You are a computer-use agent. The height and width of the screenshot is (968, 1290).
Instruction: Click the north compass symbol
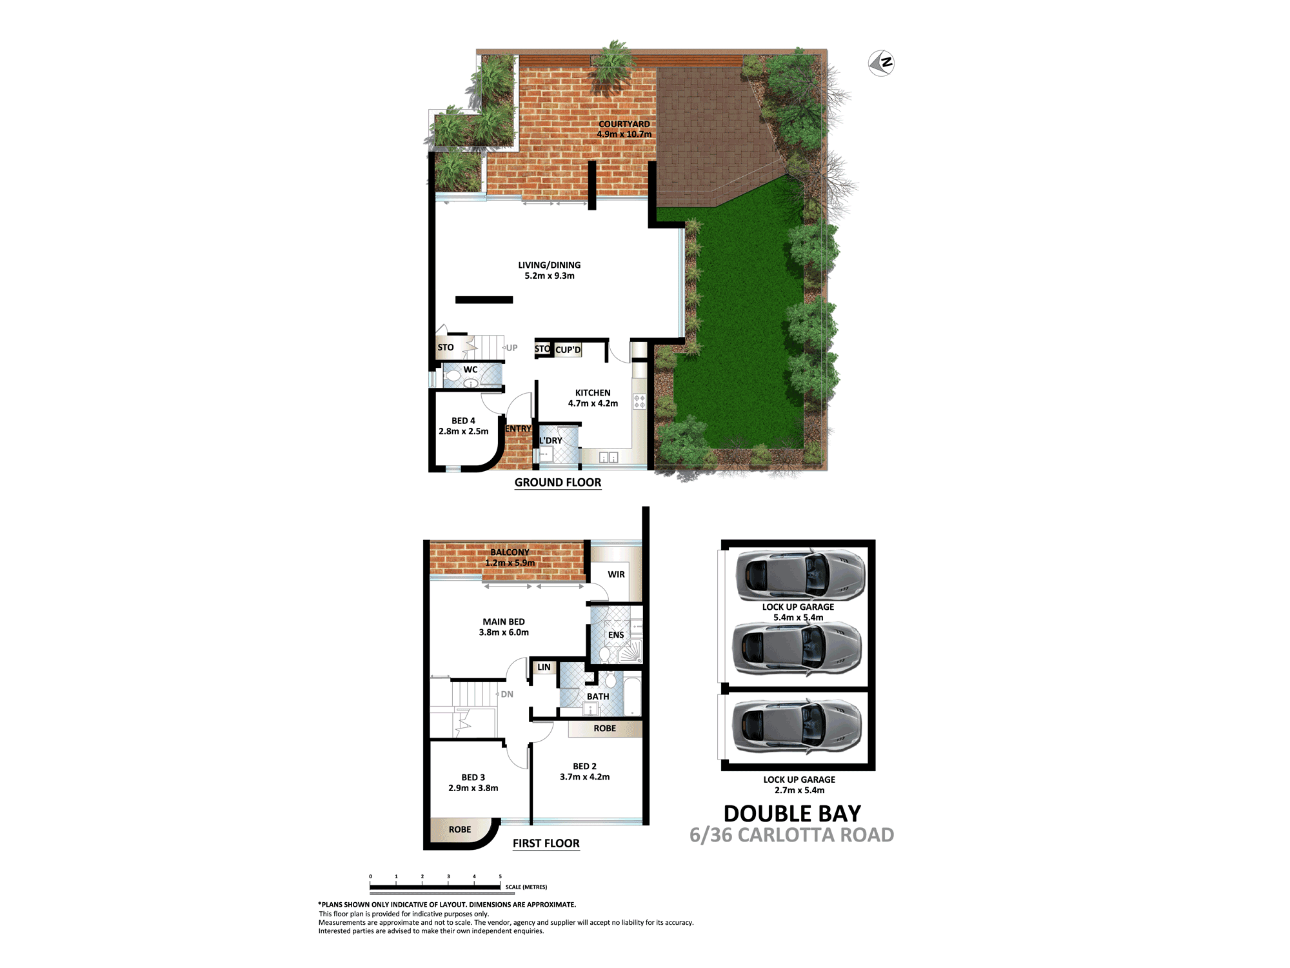[881, 63]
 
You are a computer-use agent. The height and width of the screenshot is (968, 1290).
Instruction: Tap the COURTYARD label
[624, 124]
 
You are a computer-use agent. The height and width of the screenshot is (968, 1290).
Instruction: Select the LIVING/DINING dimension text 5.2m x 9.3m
[550, 276]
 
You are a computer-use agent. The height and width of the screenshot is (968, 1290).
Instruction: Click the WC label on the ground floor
[471, 370]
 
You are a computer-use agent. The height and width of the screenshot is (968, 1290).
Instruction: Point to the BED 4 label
[463, 421]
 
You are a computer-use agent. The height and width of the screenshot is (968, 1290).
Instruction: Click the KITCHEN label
[593, 392]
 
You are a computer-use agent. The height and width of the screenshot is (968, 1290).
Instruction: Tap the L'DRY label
[551, 441]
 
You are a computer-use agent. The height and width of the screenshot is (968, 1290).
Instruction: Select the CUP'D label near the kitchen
[568, 350]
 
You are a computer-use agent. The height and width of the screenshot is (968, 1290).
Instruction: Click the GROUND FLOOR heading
[558, 483]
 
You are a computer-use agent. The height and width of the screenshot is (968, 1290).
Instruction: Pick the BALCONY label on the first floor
[510, 552]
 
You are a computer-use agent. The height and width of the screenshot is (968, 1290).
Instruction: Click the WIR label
[616, 574]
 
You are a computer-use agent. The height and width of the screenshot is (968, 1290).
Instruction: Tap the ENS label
[616, 635]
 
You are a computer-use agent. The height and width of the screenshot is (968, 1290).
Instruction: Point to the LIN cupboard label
[544, 667]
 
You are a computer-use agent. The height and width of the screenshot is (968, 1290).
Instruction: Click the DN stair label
[507, 694]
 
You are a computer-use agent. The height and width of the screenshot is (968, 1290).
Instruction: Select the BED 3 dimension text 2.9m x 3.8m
[473, 788]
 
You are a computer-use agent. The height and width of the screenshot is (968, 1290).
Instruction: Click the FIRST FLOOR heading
[546, 843]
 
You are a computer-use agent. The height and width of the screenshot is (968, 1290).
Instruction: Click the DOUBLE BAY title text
[792, 814]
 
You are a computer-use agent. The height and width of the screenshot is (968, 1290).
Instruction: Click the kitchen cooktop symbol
[639, 401]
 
